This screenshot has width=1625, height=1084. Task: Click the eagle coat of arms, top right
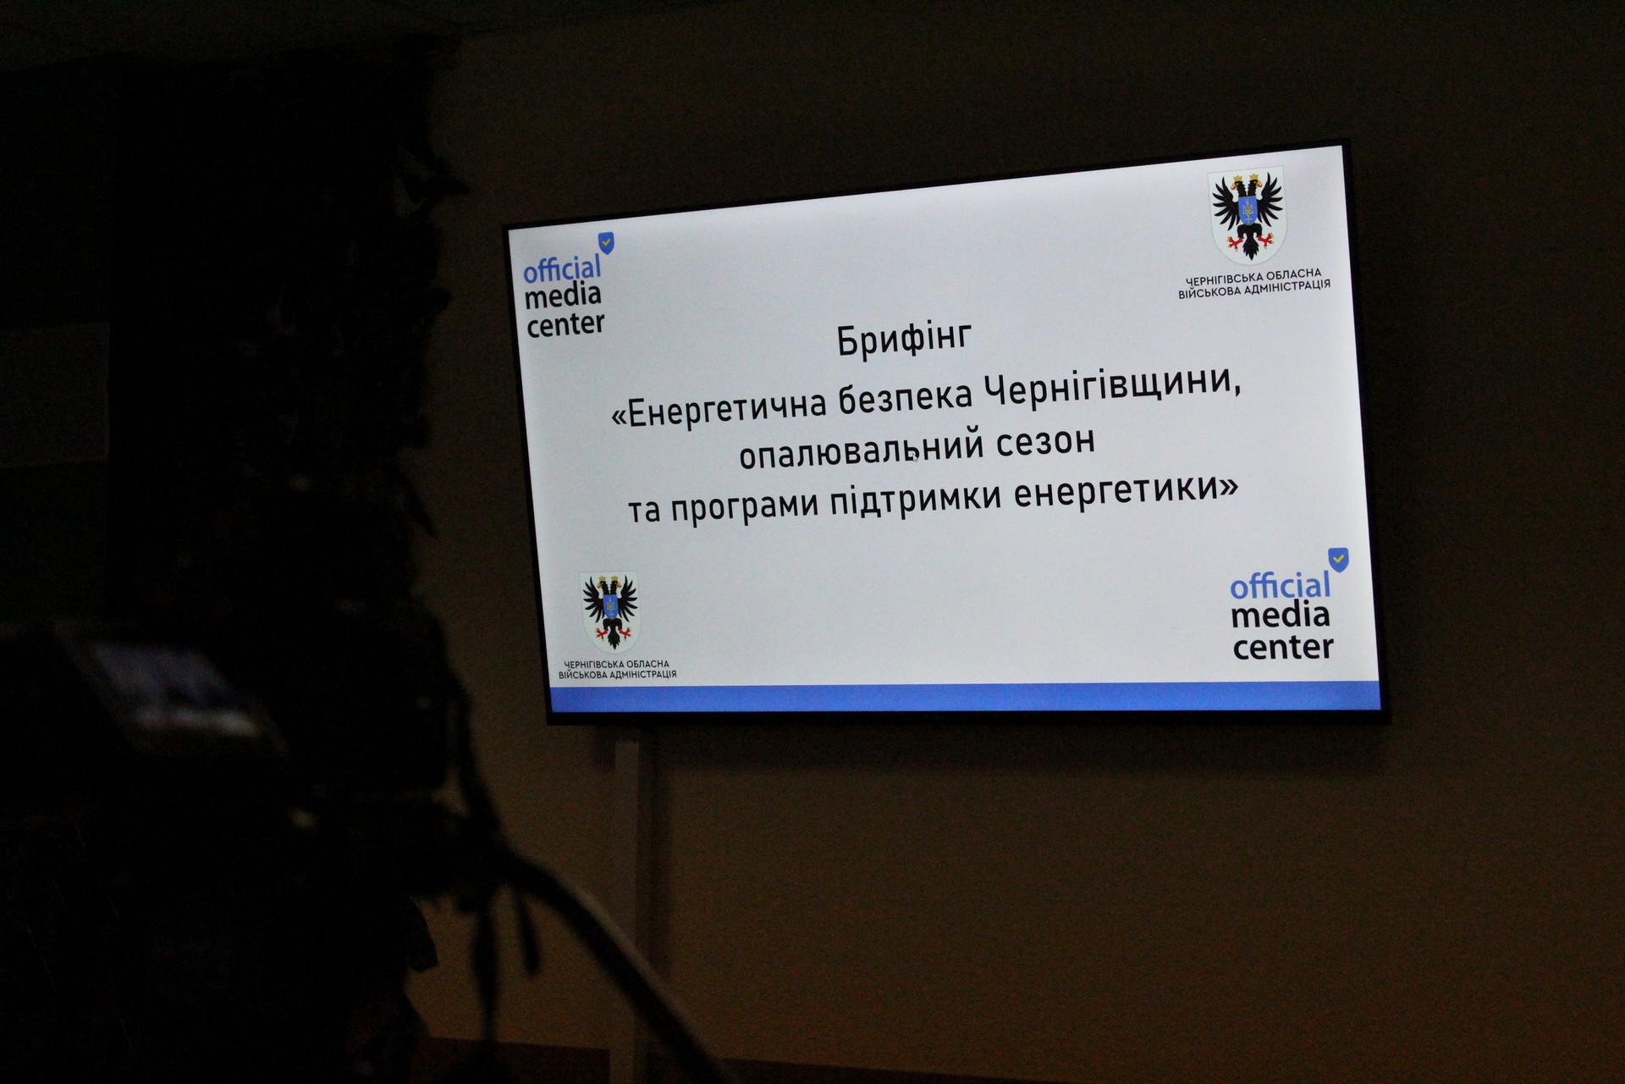tap(1247, 215)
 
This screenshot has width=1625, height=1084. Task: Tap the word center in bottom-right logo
tap(1283, 648)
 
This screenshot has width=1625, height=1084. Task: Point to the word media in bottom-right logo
tap(1281, 616)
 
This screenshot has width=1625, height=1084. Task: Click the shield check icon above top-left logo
tap(606, 243)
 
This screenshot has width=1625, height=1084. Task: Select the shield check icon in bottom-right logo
tap(1338, 559)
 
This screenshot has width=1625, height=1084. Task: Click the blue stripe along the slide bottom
tap(966, 697)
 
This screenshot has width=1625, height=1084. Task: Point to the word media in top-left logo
tap(563, 296)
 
